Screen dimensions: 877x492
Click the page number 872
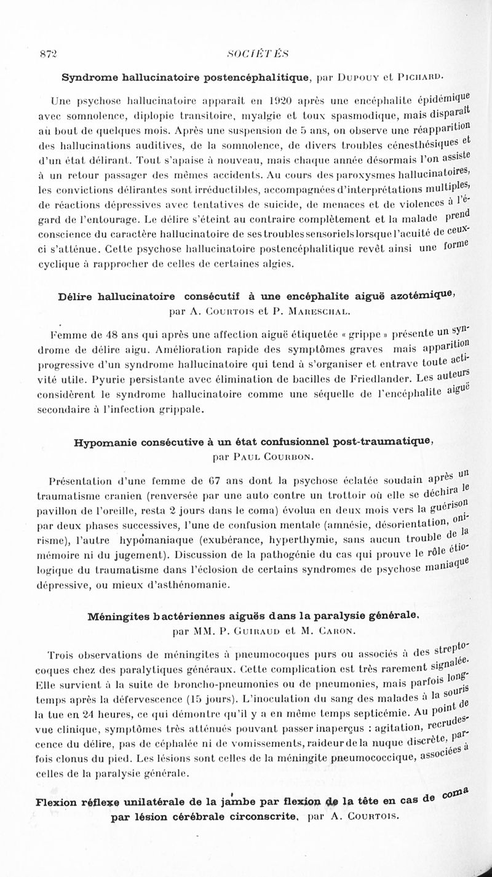click(x=46, y=54)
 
